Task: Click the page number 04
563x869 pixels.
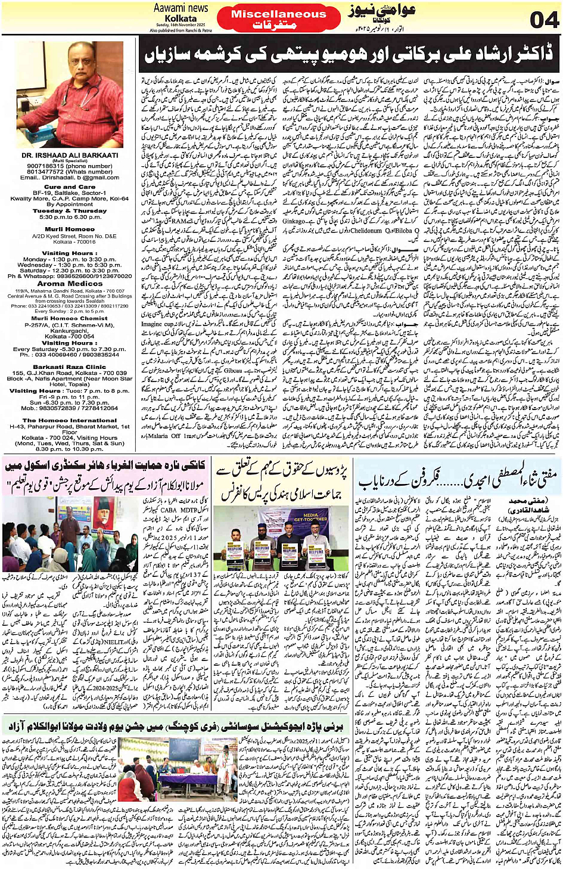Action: (543, 19)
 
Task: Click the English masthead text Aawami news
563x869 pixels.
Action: (181, 8)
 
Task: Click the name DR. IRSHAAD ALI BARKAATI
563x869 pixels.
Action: (70, 155)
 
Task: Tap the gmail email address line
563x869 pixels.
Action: (70, 177)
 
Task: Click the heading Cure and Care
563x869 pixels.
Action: (70, 187)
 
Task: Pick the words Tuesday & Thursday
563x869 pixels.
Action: (70, 210)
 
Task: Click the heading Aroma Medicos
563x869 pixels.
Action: (70, 284)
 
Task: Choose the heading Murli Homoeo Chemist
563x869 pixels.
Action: (70, 318)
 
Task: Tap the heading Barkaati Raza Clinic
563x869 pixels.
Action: (70, 367)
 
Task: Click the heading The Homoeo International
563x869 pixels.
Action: (70, 420)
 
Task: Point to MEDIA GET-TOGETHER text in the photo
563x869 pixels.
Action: (310, 517)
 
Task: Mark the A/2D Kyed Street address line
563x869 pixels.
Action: (70, 237)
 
